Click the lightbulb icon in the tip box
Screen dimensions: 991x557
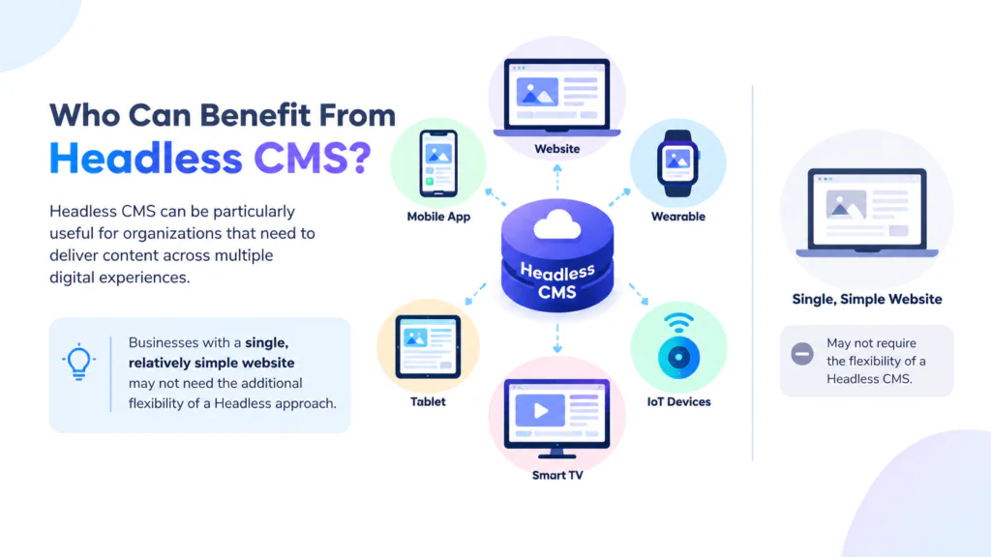tap(79, 362)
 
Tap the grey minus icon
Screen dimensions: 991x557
tap(802, 354)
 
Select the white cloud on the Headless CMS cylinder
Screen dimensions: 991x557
tap(556, 224)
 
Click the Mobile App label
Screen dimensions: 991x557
tap(438, 217)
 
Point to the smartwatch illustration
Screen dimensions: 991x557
tap(677, 163)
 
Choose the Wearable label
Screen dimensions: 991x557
tap(678, 217)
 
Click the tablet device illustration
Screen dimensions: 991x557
tap(428, 347)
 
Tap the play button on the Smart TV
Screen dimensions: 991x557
tap(540, 410)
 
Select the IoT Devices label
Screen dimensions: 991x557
tap(678, 401)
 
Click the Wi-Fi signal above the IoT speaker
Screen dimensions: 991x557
tap(678, 323)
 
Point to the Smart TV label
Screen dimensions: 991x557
tap(557, 475)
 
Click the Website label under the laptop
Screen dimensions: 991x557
tap(556, 149)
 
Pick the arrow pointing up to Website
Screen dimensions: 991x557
tap(556, 178)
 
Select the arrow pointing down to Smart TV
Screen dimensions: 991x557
tap(556, 339)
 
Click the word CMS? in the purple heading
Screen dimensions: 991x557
tap(313, 158)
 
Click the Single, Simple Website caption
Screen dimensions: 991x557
tap(867, 300)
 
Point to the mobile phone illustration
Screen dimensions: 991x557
tap(438, 163)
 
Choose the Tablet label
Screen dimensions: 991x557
tap(428, 401)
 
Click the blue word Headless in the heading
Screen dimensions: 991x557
tap(146, 158)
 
